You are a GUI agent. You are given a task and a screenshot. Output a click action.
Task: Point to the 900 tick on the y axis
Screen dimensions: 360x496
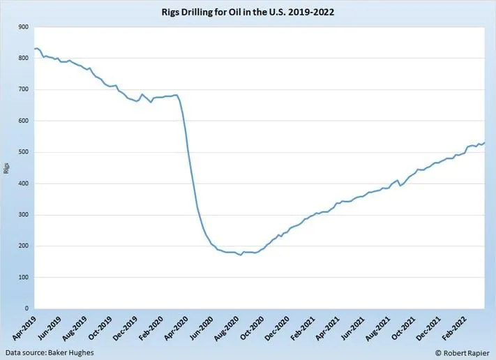[x=24, y=27]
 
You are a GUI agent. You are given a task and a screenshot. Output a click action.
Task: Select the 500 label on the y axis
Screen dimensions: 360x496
[x=24, y=152]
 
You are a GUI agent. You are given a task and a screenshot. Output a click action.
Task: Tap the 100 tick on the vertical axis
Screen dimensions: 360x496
[x=24, y=277]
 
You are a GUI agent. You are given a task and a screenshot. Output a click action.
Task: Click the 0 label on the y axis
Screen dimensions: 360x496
[x=27, y=308]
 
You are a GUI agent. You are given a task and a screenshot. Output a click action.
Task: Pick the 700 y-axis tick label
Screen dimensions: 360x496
[x=24, y=89]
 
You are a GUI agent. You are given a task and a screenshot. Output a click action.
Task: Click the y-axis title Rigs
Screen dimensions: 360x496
[x=6, y=167]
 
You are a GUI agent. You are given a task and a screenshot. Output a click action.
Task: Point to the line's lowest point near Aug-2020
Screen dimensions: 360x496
[x=241, y=255]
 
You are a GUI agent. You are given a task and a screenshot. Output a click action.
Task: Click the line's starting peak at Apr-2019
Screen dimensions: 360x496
[x=36, y=48]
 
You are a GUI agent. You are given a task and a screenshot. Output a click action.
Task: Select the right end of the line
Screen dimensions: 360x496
[x=485, y=142]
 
